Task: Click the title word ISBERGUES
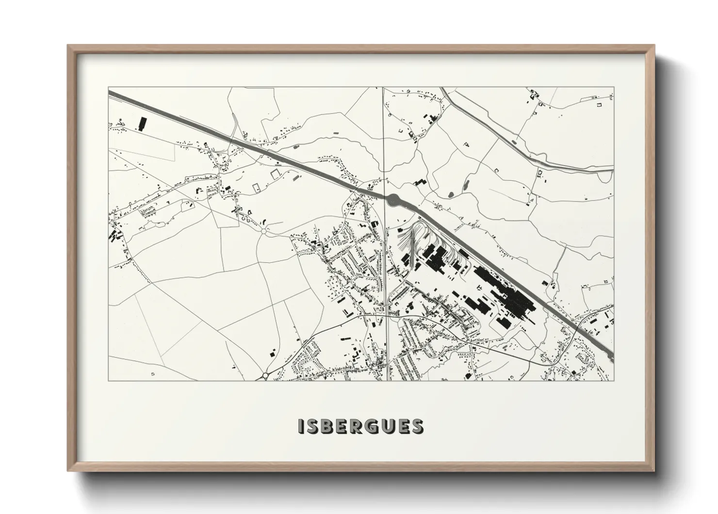(x=360, y=426)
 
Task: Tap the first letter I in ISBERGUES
(x=301, y=426)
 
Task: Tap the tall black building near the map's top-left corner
(x=142, y=124)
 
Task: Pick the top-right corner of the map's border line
(x=614, y=87)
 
